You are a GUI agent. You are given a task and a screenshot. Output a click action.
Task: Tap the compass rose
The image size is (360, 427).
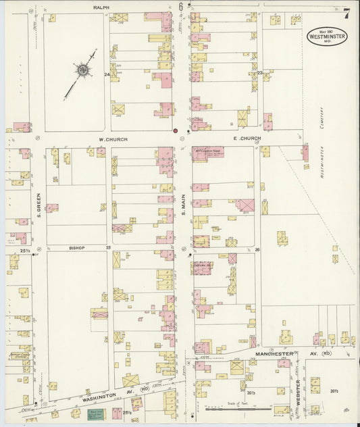click(x=82, y=69)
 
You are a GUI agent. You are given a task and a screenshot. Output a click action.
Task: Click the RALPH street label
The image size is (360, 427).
click(x=101, y=7)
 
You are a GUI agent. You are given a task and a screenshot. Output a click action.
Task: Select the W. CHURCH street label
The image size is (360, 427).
click(x=113, y=139)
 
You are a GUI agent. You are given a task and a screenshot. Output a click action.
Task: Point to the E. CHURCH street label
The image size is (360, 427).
click(x=247, y=139)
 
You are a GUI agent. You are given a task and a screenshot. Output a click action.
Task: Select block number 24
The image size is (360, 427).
click(x=107, y=74)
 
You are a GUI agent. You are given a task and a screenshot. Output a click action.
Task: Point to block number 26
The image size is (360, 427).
click(x=257, y=249)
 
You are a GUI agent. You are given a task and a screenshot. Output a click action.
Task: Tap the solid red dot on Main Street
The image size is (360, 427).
click(x=175, y=130)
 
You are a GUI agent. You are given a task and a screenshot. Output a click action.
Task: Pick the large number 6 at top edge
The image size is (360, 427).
click(x=181, y=6)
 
